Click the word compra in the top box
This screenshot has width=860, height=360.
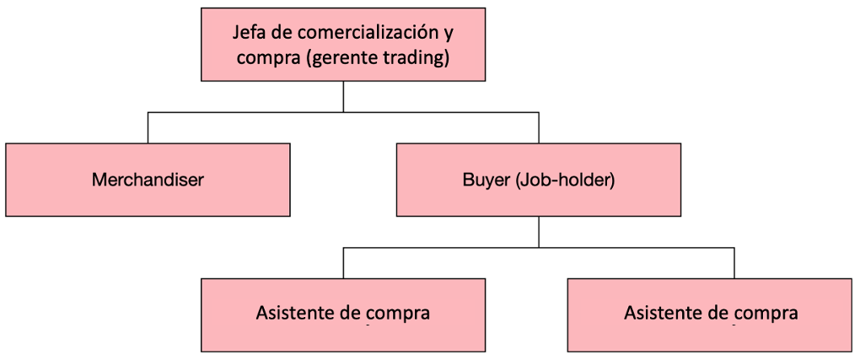[266, 59]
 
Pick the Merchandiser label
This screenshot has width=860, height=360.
[148, 180]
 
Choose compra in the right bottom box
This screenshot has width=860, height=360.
[766, 315]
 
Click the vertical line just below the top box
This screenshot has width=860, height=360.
[343, 97]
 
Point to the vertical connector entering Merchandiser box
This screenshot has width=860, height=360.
[148, 128]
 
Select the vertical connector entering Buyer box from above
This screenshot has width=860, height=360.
[539, 128]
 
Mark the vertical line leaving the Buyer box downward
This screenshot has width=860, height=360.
[539, 232]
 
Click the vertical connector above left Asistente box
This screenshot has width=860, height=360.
[343, 263]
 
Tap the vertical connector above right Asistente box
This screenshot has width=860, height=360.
[734, 263]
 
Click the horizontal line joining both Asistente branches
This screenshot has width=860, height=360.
[539, 248]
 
